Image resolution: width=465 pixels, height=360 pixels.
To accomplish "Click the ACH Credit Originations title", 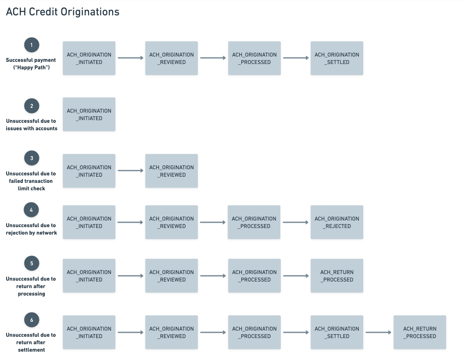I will [62, 12].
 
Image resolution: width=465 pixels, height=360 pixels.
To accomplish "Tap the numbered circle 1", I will [32, 45].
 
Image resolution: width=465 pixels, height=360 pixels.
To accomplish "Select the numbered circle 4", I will [32, 210].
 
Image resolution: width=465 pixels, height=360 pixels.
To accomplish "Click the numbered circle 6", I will [32, 320].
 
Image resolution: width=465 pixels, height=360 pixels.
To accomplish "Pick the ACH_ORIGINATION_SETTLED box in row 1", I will [336, 58].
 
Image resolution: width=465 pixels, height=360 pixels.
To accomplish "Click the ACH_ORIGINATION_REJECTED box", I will [336, 222].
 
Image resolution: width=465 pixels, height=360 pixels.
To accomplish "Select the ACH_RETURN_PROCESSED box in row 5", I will [336, 276].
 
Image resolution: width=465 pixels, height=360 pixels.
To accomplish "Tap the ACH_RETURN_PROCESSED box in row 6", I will [419, 332].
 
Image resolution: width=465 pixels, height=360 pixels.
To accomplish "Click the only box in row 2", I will [89, 114].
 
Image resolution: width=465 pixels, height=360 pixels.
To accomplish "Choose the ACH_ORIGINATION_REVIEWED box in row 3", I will [172, 171].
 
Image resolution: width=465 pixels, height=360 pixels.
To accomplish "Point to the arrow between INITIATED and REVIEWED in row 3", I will [130, 171].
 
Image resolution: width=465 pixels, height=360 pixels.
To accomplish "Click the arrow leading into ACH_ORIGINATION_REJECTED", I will [296, 222].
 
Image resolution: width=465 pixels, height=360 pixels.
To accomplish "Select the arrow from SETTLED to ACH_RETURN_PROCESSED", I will [378, 332].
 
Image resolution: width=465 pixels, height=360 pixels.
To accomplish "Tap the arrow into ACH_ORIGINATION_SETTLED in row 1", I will [296, 58].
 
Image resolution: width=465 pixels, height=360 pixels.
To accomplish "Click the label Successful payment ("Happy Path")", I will [31, 64].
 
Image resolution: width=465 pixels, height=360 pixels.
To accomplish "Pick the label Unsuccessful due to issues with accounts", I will [31, 125].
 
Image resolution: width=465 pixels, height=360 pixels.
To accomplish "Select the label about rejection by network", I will [31, 229].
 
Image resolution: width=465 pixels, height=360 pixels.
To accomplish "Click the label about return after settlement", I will [31, 342].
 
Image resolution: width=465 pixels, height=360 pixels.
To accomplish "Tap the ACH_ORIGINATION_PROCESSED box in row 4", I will [254, 222].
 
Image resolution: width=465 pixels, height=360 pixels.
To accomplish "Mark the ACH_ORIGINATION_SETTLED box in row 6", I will [336, 332].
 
